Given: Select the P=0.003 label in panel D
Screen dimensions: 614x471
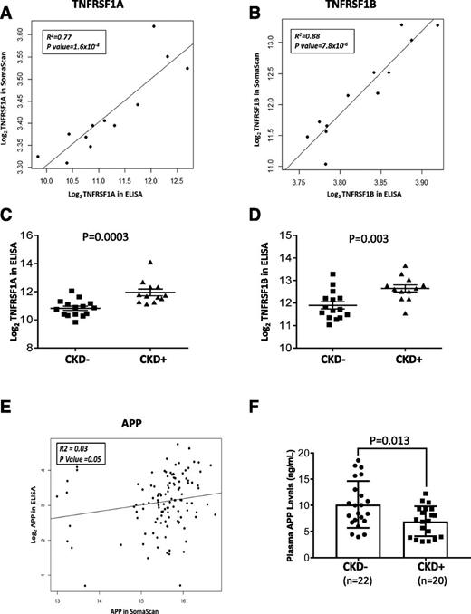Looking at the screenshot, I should click(362, 241).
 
